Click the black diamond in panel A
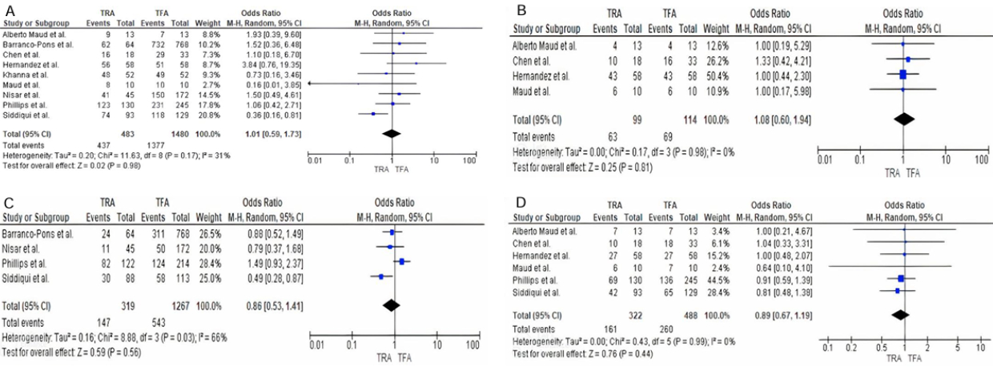[x=392, y=133]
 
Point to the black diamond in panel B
[x=904, y=119]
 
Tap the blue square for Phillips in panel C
[x=401, y=261]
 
